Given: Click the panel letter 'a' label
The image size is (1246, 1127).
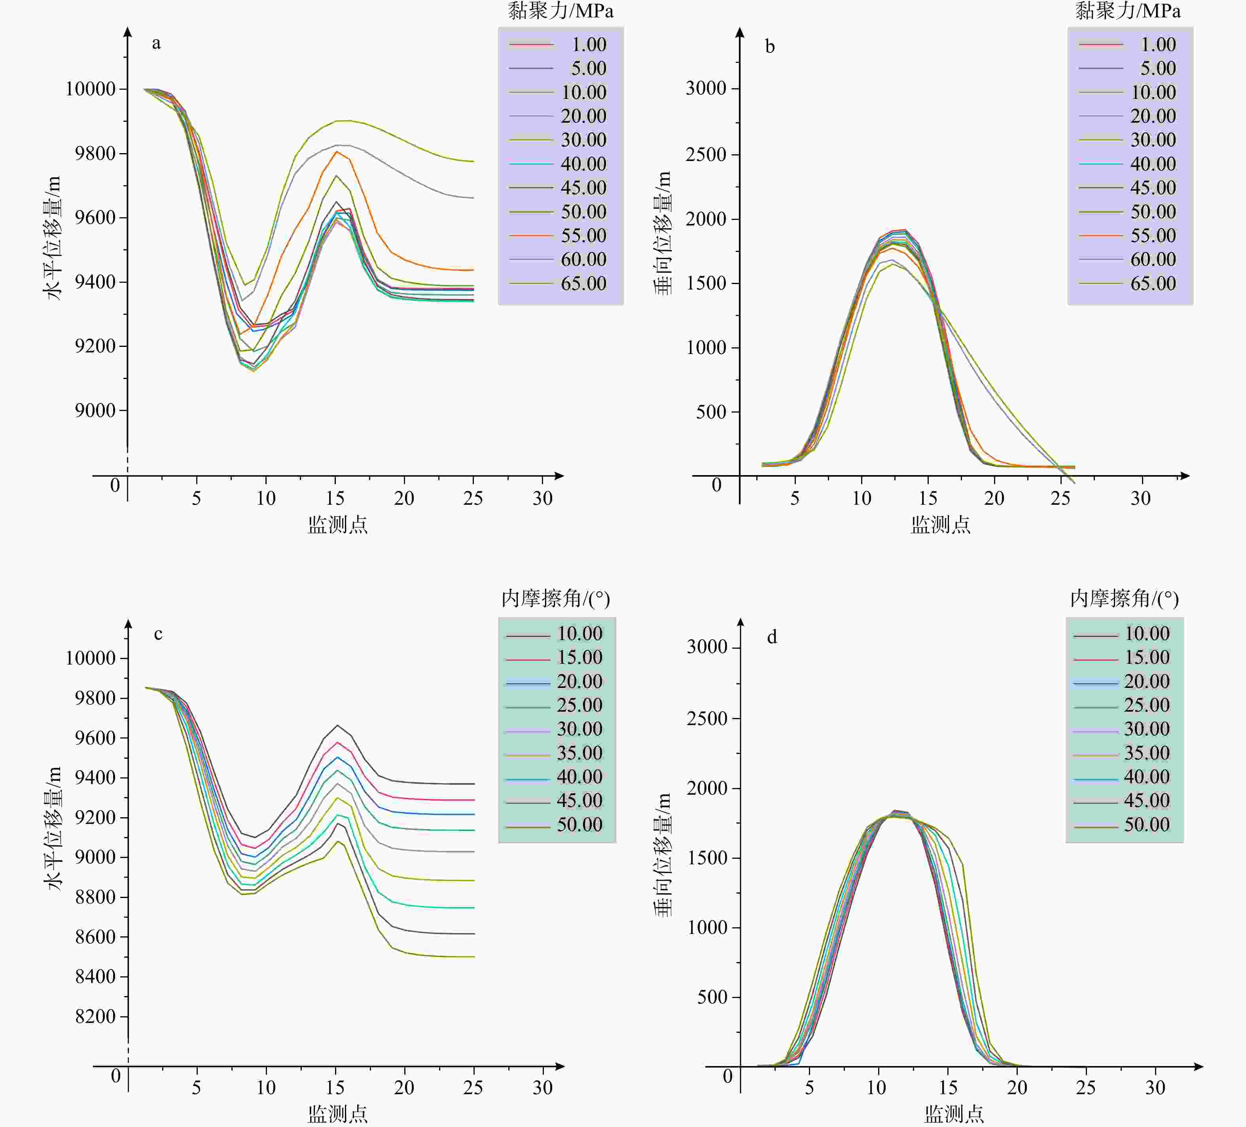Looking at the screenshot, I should pyautogui.click(x=156, y=43).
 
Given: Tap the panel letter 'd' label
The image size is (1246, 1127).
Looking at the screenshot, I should pyautogui.click(x=772, y=637).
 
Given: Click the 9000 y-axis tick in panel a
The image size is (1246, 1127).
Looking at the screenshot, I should pyautogui.click(x=95, y=411).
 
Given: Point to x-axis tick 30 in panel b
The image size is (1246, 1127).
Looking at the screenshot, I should pyautogui.click(x=1140, y=498).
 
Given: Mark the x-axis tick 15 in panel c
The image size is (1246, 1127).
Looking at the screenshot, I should pyautogui.click(x=335, y=1088).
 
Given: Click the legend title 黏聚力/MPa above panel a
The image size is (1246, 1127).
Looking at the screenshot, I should pyautogui.click(x=561, y=11).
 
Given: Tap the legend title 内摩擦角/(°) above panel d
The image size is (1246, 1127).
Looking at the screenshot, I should pyautogui.click(x=1124, y=599).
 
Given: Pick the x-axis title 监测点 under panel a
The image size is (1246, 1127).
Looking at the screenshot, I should pyautogui.click(x=337, y=525).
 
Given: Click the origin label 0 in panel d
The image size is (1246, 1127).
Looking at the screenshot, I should pyautogui.click(x=727, y=1076).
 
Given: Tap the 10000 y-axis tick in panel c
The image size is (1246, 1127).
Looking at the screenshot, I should pyautogui.click(x=90, y=658).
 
